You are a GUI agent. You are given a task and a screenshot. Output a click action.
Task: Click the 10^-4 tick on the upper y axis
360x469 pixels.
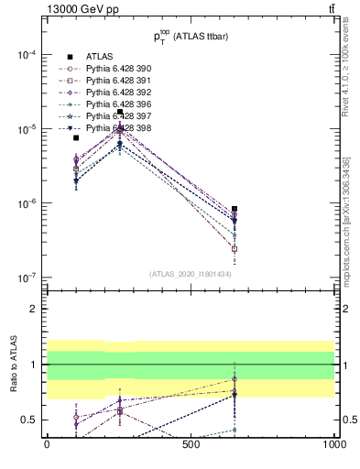tap(27, 55)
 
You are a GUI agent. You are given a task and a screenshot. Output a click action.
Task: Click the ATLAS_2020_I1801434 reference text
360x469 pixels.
tap(191, 273)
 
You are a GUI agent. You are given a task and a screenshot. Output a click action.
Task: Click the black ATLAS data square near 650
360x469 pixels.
tap(235, 209)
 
